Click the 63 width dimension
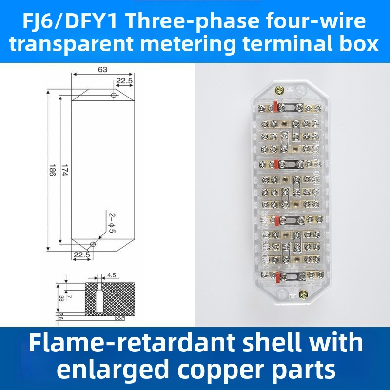point(102,70)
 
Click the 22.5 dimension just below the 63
point(124,81)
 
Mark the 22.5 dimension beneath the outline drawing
point(81,255)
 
